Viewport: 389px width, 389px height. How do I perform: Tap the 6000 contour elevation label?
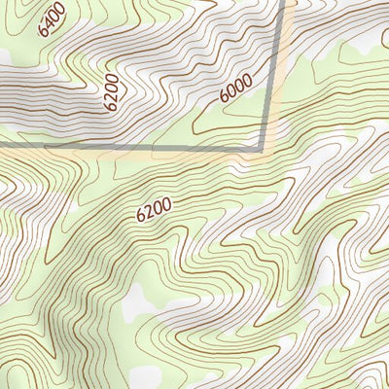[x=235, y=90]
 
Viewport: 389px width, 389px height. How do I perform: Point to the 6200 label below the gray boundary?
[x=154, y=209]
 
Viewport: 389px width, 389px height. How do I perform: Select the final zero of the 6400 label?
[x=60, y=8]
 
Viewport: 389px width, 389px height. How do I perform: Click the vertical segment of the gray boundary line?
[x=274, y=73]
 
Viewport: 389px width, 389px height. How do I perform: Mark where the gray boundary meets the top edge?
[x=289, y=2]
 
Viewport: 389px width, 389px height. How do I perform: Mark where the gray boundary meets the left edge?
[x=2, y=147]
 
